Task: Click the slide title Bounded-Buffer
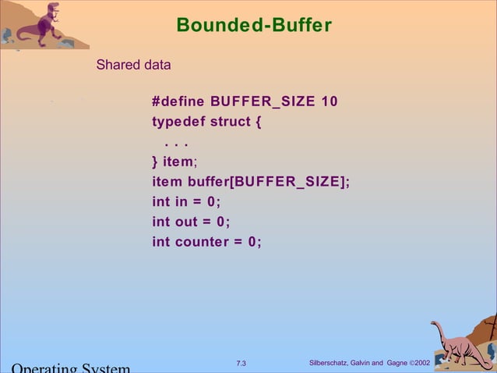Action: [254, 26]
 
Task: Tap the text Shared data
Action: [133, 65]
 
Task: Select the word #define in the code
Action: [178, 102]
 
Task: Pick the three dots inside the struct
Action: [177, 144]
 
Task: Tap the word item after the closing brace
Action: [177, 162]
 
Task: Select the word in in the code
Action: [181, 203]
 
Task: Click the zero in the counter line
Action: [252, 242]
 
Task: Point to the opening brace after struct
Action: [258, 123]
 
